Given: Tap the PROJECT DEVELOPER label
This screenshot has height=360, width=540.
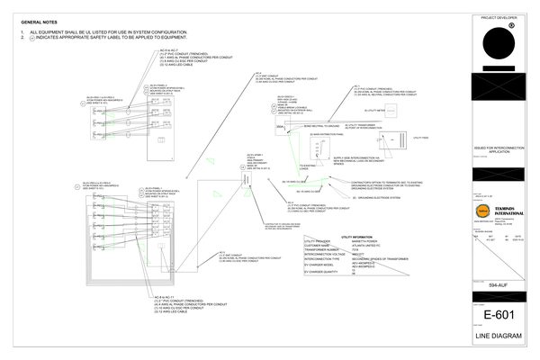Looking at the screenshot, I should tap(499, 17).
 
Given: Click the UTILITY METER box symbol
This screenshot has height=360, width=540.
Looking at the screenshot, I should tap(390, 111).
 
